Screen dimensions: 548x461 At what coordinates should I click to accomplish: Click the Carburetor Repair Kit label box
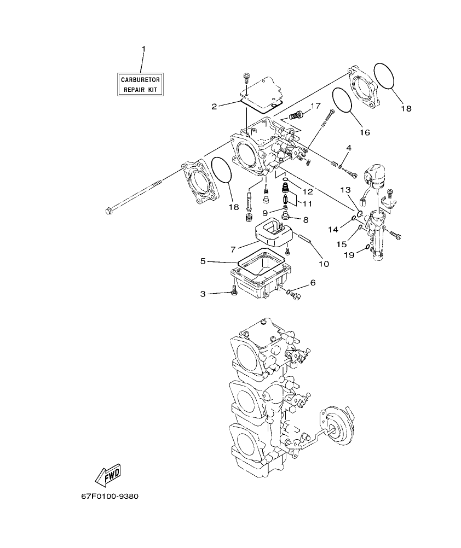[x=141, y=84]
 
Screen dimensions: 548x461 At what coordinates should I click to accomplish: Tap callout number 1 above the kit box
[x=143, y=49]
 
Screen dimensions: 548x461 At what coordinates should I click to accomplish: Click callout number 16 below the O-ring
[x=365, y=132]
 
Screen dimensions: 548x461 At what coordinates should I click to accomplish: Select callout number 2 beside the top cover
[x=215, y=106]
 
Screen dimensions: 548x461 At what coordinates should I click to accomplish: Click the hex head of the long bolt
[x=108, y=210]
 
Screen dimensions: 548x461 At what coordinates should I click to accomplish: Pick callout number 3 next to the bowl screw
[x=203, y=294]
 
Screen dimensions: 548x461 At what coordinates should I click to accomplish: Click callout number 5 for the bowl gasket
[x=203, y=261]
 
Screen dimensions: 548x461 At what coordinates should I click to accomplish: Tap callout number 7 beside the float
[x=233, y=249]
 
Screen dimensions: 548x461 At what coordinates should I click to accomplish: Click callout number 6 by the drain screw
[x=313, y=283]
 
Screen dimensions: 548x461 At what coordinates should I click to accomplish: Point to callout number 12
[x=307, y=192]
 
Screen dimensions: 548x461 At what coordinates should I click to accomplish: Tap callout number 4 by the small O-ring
[x=349, y=148]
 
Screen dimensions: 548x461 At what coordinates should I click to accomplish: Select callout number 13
[x=345, y=189]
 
